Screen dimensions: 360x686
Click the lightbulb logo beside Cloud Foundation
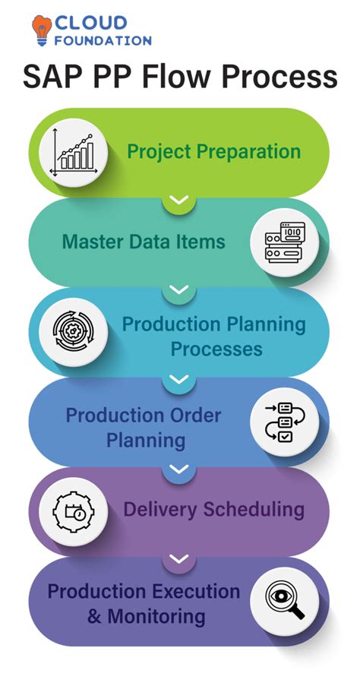[42, 30]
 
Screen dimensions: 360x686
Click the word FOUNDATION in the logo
[103, 41]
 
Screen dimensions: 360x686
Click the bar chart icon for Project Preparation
[73, 153]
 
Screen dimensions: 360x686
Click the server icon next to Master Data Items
[285, 242]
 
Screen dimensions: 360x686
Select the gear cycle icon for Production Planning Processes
[73, 332]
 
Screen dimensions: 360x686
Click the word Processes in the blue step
[217, 349]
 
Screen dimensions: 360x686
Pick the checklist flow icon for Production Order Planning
[285, 422]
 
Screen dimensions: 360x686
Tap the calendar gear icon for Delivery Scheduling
[73, 512]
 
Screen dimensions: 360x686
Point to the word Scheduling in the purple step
[253, 510]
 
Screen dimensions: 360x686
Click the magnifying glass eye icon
[285, 601]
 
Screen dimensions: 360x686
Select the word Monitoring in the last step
[156, 617]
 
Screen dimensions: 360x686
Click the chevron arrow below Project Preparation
[179, 200]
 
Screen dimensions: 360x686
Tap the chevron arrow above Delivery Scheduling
[179, 469]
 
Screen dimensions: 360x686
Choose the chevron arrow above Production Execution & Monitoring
[179, 558]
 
